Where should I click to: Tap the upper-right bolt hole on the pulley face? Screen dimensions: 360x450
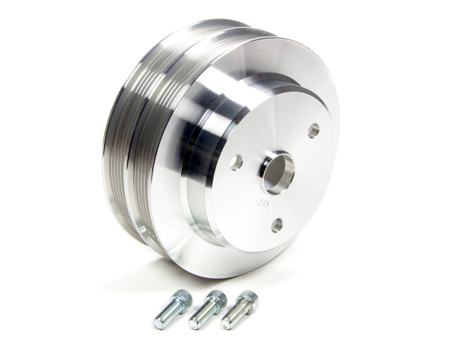[x=313, y=131]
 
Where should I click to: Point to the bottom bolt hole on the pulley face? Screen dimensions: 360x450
[x=276, y=225]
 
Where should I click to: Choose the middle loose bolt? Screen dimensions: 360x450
[x=207, y=310]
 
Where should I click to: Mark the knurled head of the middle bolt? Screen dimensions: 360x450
[x=217, y=299]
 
